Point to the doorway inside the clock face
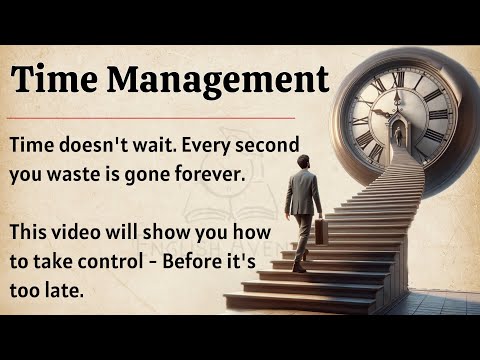click(x=399, y=135)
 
